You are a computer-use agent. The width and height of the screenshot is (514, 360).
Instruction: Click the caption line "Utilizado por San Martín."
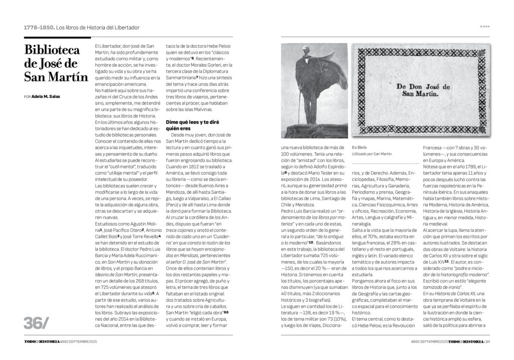coord(372,154)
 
